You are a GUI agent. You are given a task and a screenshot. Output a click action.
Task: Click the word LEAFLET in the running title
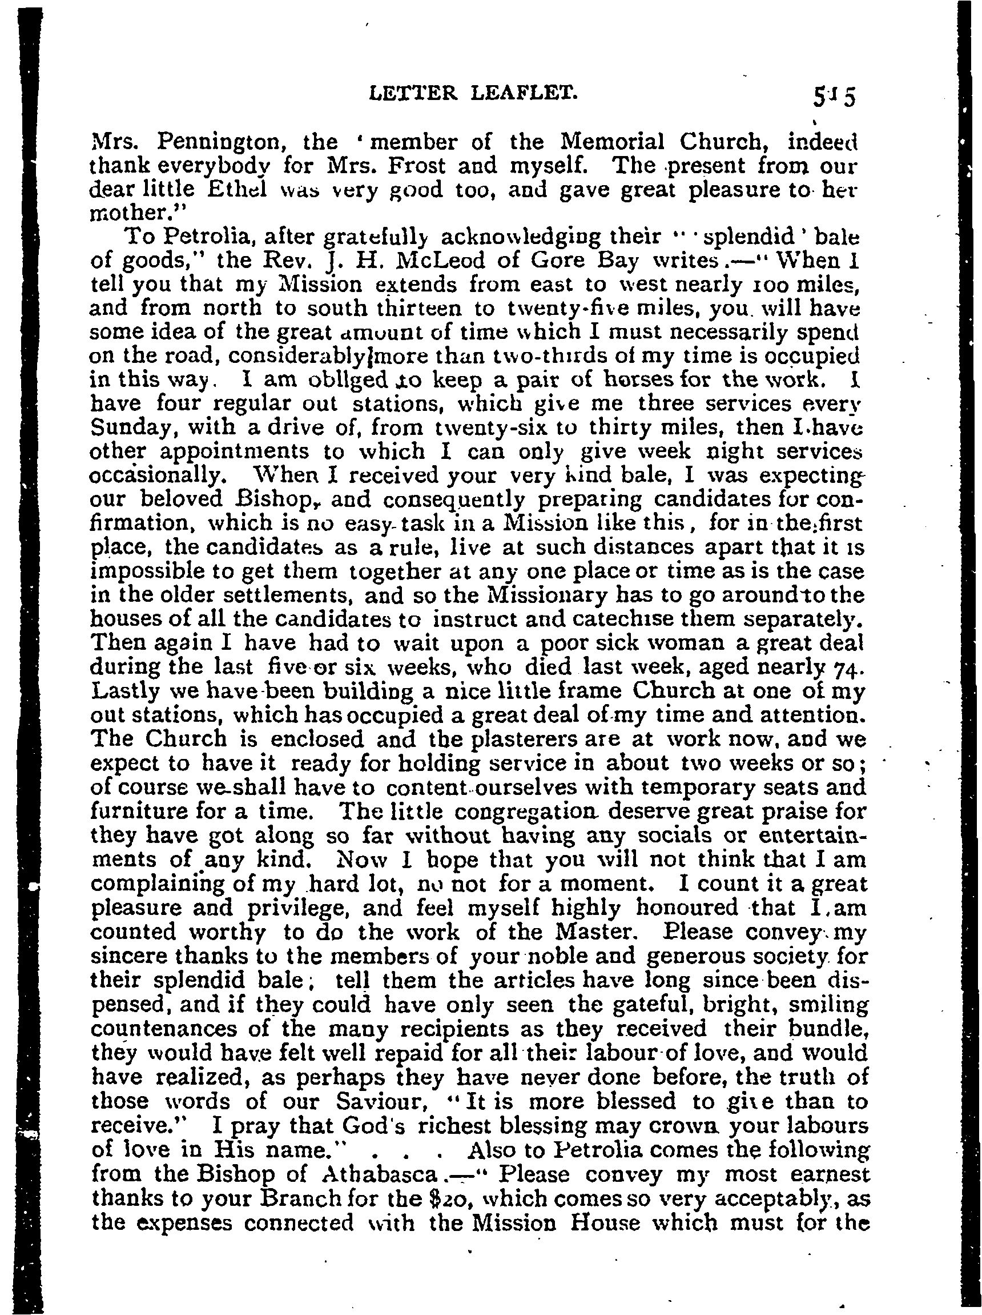528,92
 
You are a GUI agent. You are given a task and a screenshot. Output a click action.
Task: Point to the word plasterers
540,739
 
